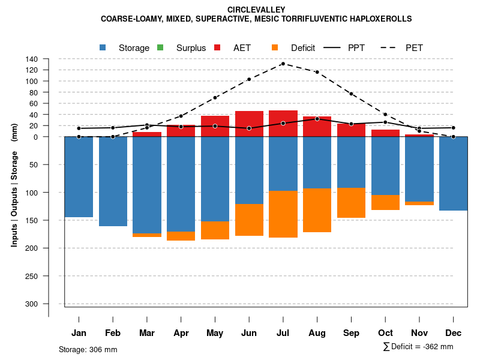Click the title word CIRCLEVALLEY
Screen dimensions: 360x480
coord(256,10)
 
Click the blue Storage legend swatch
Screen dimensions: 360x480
coord(103,47)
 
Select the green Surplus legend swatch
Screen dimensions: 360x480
coord(160,47)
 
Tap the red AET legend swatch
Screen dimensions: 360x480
coord(218,47)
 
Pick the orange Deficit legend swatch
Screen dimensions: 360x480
coord(275,47)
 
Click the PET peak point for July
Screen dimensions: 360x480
coord(283,64)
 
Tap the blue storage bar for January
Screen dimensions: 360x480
coord(79,177)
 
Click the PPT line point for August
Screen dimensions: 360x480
coord(317,119)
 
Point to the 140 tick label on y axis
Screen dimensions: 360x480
coord(32,59)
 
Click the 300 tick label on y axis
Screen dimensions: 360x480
coord(32,304)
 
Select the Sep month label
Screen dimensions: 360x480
coord(351,333)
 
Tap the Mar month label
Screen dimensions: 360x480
coord(146,333)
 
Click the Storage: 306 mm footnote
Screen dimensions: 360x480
coord(88,349)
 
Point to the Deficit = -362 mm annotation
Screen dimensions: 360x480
coord(418,347)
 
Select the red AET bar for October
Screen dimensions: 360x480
coord(385,133)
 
